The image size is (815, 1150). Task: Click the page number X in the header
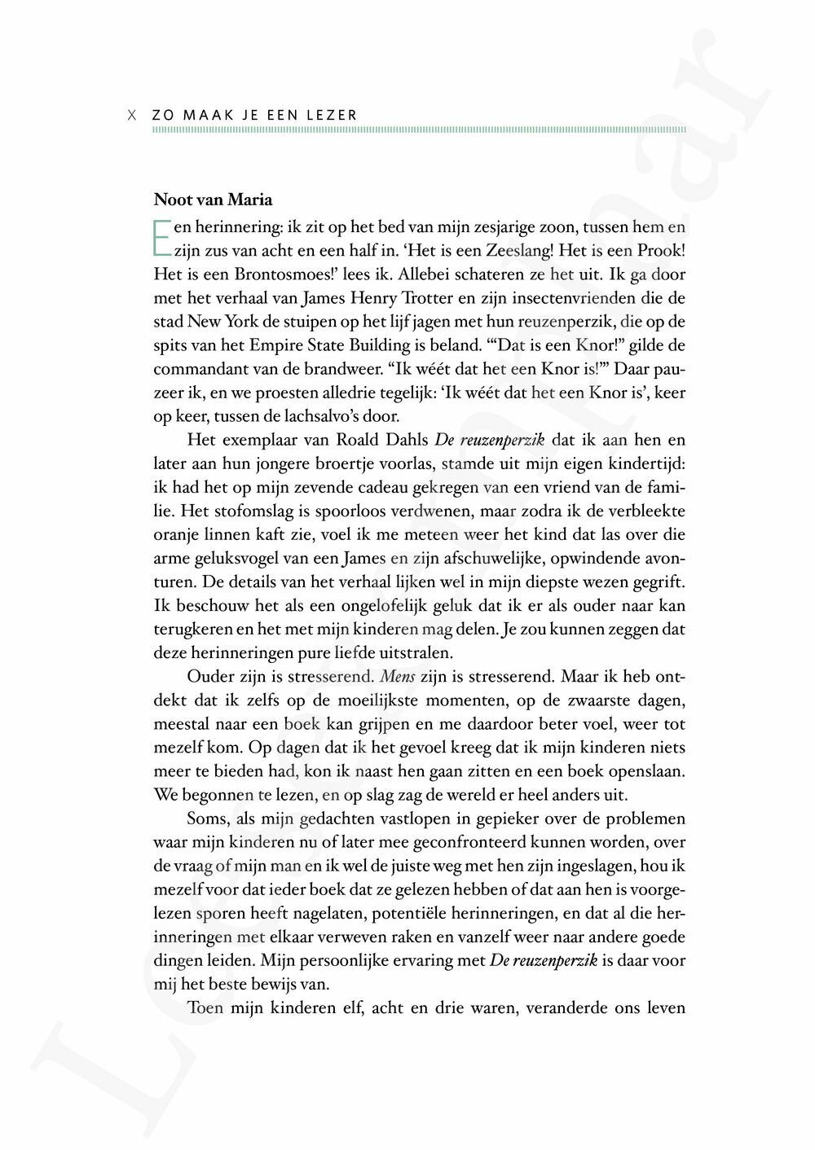click(132, 115)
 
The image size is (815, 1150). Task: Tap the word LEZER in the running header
click(332, 115)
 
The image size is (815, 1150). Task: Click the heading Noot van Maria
click(213, 200)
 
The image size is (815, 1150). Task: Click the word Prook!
click(661, 251)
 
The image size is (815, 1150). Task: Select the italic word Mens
click(398, 677)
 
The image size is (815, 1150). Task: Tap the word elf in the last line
click(351, 1007)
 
